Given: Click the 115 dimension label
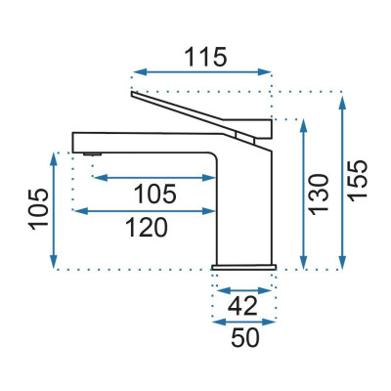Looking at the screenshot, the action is pos(205,57).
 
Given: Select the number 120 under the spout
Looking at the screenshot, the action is pos(147,228).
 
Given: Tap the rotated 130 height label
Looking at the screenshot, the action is pos(319,195).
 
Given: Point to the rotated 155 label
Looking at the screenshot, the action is pos(358,181).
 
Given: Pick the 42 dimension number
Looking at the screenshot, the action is pos(242,306).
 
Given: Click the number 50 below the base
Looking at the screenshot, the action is pos(245,337).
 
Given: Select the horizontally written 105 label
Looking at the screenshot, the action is pos(155,194).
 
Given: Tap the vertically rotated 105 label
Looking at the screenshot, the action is pos(38,209).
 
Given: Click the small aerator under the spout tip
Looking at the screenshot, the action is pos(93,154).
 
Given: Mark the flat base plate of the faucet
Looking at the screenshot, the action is pos(244,267).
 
